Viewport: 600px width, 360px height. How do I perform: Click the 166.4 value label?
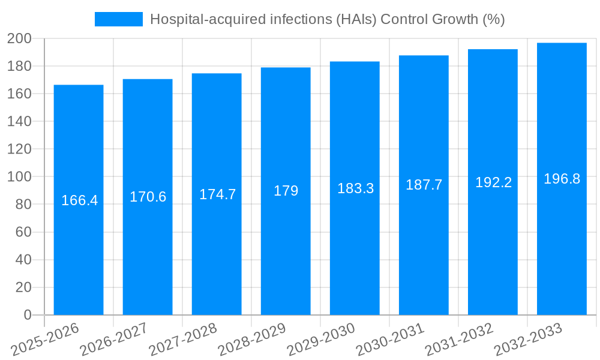(79, 200)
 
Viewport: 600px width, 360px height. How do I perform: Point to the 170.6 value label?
(148, 197)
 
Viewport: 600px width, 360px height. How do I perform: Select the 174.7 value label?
(217, 194)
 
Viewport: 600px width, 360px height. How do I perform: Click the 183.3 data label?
(355, 188)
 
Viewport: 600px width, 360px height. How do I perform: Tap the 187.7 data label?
(424, 185)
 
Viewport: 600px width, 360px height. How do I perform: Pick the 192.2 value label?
(493, 182)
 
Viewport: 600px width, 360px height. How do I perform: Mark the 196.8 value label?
(562, 179)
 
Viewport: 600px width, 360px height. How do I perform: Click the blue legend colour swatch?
(119, 19)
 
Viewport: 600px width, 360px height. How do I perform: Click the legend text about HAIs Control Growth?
(327, 19)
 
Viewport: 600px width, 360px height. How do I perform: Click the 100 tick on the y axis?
(19, 177)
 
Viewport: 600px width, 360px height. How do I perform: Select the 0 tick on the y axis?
(27, 315)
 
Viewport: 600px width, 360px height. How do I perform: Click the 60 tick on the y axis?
(22, 232)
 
